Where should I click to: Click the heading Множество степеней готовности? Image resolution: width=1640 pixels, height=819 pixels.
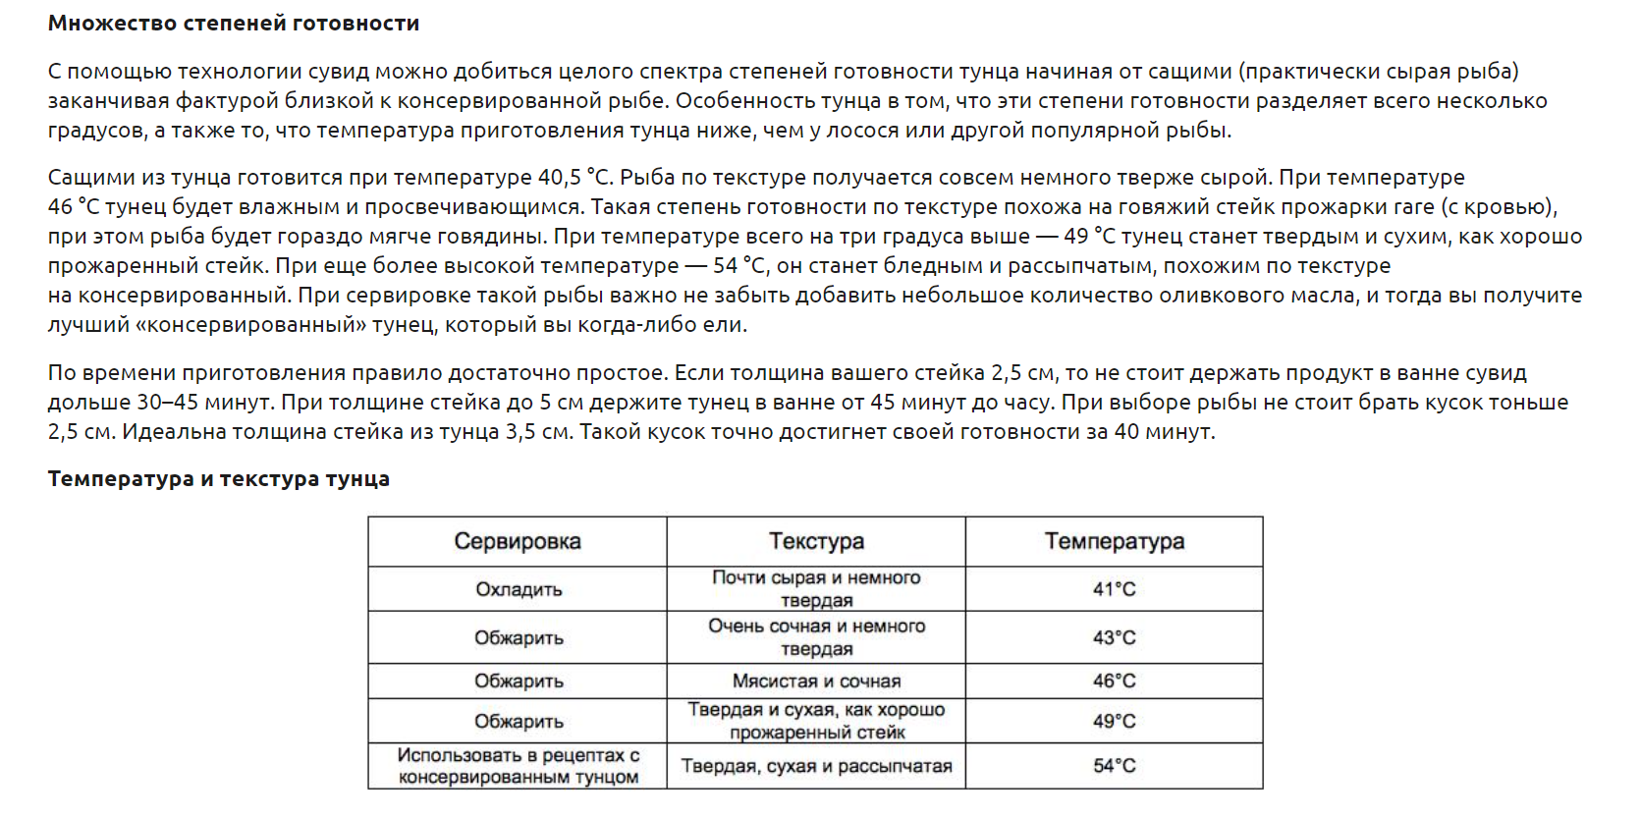pos(234,24)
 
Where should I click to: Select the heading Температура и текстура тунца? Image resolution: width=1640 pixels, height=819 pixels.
pos(219,479)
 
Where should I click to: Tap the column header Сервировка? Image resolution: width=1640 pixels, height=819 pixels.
pos(518,541)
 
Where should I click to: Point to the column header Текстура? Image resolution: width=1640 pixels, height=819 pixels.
pos(816,541)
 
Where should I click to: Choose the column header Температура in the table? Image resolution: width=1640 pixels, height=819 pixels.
pos(1114,541)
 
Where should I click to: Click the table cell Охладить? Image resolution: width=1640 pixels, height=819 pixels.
pos(519,589)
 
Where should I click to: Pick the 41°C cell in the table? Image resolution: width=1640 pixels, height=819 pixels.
pos(1114,589)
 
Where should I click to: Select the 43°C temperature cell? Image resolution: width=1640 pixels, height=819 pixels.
pos(1114,637)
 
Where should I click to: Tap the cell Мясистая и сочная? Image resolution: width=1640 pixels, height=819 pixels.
pos(816,681)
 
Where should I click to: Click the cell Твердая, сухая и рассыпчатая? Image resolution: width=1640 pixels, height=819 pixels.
pos(816,766)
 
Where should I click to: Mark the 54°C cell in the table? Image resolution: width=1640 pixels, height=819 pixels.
pos(1114,766)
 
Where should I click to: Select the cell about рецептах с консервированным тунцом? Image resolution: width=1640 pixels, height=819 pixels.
pos(519,766)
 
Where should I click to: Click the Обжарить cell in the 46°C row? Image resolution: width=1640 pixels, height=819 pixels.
pos(519,681)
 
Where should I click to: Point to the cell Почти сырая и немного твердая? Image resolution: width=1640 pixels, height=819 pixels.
pos(816,588)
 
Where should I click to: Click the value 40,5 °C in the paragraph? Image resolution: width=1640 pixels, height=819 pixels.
pos(574,178)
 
